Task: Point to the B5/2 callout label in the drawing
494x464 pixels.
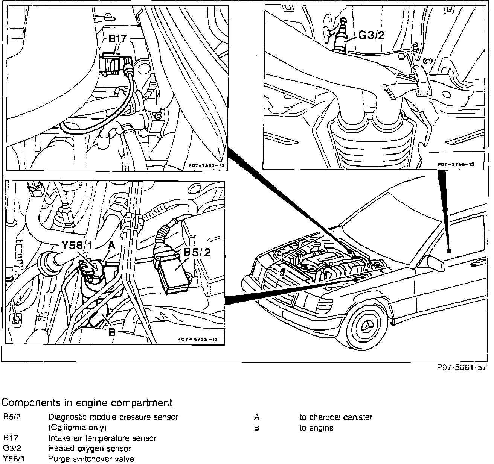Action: point(197,252)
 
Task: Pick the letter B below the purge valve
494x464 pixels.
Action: point(112,332)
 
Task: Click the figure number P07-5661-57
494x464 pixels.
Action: point(462,368)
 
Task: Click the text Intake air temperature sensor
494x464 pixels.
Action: point(102,438)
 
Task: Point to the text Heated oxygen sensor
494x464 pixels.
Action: point(90,448)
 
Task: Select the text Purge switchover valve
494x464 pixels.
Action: point(91,459)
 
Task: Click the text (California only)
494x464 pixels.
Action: point(78,428)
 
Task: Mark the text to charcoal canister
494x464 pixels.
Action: point(336,417)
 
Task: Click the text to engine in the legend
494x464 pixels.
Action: point(316,428)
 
